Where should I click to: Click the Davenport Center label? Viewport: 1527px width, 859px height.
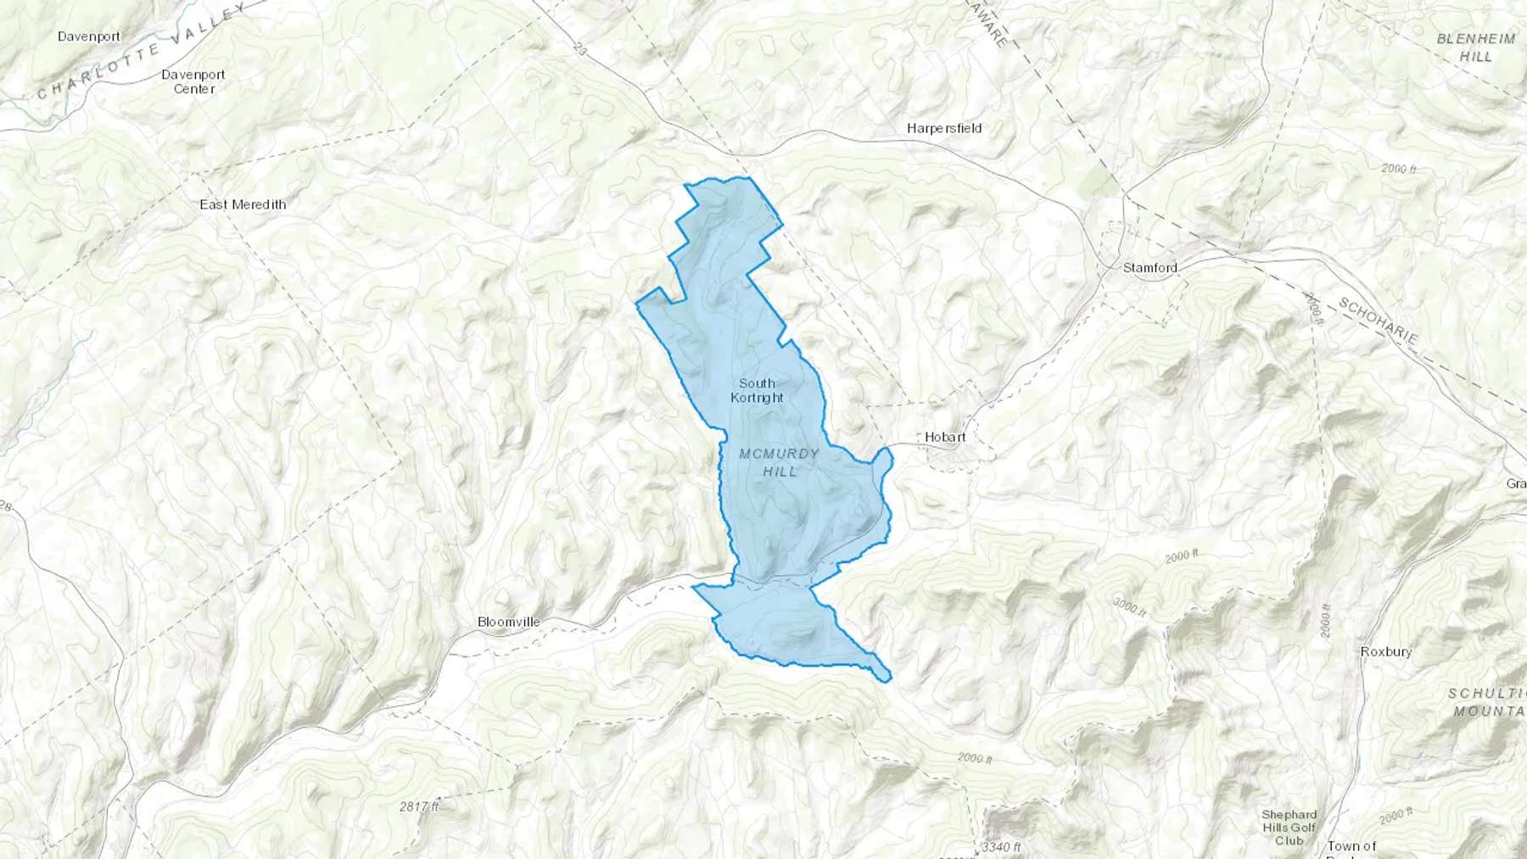click(193, 81)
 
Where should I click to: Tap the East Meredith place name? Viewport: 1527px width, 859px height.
click(243, 204)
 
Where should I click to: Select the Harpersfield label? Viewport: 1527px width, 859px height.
click(944, 128)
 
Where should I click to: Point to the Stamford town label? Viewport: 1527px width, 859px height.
click(1149, 267)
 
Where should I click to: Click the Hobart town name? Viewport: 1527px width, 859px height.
click(945, 437)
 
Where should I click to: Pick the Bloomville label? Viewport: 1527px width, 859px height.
click(508, 622)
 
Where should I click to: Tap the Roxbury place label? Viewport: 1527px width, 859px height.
click(1386, 651)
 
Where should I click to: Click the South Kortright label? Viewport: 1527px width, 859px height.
click(757, 390)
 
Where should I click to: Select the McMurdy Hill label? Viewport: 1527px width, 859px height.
click(779, 462)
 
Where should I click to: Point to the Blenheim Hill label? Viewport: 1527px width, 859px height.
click(1476, 47)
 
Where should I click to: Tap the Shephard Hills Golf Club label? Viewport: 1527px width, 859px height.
click(1289, 827)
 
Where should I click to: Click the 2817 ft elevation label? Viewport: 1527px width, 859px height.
click(419, 806)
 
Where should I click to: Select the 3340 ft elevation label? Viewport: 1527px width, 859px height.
click(1001, 846)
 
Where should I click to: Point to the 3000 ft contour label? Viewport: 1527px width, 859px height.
click(1130, 605)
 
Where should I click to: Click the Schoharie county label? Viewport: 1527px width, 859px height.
click(1379, 321)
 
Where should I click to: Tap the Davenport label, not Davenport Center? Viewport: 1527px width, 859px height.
click(89, 36)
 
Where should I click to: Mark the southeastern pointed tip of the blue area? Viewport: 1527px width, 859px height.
click(888, 679)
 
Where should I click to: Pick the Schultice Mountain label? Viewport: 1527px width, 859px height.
click(1487, 702)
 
